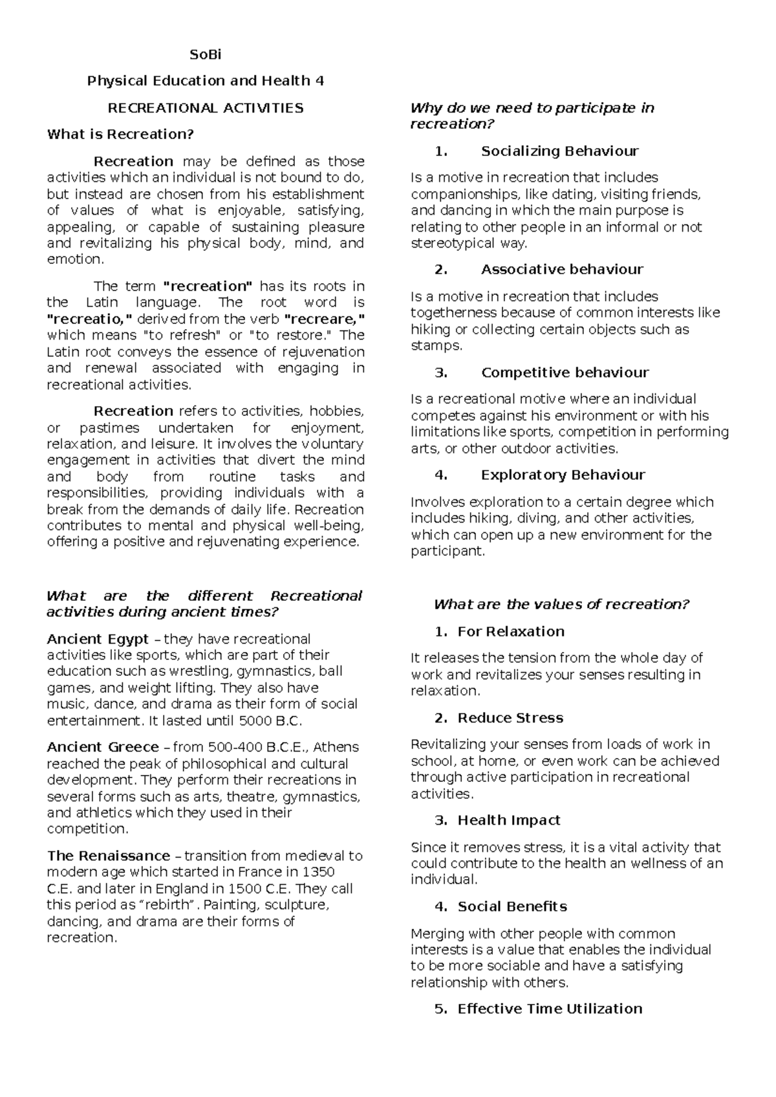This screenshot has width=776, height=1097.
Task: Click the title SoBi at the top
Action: pos(205,55)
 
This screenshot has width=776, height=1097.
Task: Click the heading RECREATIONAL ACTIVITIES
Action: pos(205,108)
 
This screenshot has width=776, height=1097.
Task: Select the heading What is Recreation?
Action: pos(120,135)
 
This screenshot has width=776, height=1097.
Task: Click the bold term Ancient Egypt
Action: pos(98,639)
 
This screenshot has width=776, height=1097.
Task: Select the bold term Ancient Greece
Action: pos(103,747)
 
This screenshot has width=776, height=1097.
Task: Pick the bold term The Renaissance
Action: pos(109,856)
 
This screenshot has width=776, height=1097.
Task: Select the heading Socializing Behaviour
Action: pos(559,151)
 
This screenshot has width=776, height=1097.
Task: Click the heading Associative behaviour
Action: pos(562,270)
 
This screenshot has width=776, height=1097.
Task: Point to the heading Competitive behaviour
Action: pos(565,373)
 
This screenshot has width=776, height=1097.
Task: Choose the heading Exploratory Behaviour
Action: pos(563,475)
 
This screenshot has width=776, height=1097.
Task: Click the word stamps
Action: pos(436,346)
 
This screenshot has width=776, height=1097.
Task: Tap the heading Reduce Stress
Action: pos(510,718)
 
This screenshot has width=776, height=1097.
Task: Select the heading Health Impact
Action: pos(508,820)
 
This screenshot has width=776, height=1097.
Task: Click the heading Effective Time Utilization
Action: pos(550,1009)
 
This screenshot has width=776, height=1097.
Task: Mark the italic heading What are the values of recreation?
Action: pos(561,605)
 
